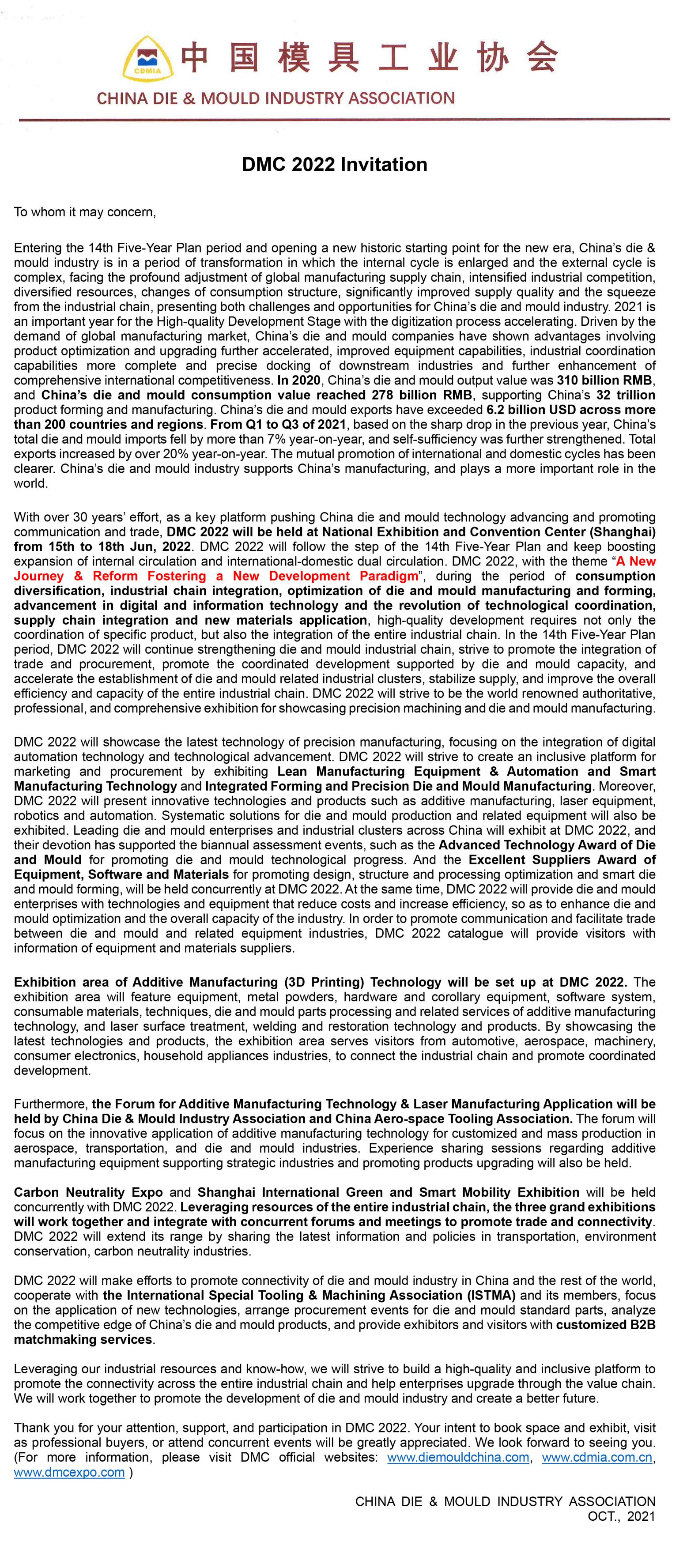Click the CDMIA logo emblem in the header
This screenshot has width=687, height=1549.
tap(148, 59)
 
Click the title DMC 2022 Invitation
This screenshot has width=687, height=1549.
tap(335, 165)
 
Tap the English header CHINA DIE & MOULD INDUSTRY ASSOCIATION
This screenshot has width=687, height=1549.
tap(276, 98)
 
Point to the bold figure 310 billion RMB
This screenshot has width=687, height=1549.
tap(604, 380)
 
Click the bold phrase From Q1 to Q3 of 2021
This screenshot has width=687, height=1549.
tap(278, 425)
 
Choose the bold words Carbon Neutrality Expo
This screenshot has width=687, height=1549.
tap(88, 1192)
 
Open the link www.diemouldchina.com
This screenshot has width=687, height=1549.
tap(458, 1457)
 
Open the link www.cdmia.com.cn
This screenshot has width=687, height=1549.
tap(597, 1457)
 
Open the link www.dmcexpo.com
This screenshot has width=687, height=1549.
tap(69, 1472)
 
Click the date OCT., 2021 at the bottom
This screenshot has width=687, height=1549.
tap(621, 1516)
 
